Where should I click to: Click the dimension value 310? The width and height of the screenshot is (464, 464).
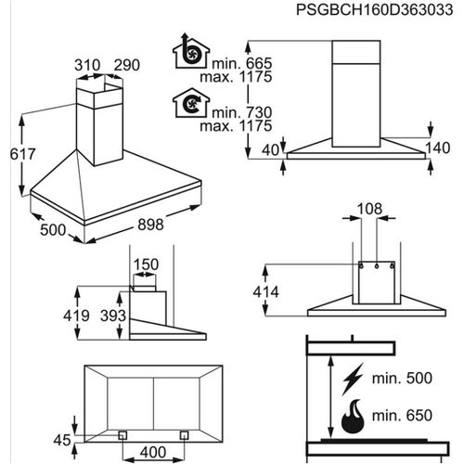click(x=88, y=66)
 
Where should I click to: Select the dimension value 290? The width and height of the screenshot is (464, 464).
click(x=126, y=66)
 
